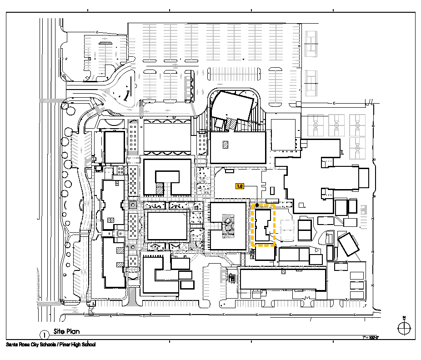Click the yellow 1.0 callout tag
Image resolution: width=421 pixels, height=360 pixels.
[x=240, y=186]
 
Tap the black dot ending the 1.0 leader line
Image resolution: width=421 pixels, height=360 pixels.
[x=257, y=205]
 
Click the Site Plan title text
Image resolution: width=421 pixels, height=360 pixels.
[x=66, y=332]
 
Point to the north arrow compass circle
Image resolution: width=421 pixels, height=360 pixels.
[x=403, y=327]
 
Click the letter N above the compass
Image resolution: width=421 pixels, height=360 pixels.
[x=403, y=318]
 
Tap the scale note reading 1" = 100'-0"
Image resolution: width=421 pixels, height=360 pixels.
[x=371, y=338]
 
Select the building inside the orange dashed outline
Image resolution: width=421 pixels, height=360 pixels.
[x=262, y=225]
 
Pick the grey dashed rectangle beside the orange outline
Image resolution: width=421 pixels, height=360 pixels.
[x=287, y=230]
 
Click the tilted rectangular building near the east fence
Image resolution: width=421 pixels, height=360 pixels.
[x=348, y=245]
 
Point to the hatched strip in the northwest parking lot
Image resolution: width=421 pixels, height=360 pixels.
[x=105, y=43]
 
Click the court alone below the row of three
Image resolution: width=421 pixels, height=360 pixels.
[x=357, y=148]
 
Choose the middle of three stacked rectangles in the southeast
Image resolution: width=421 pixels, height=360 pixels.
[x=357, y=285]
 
